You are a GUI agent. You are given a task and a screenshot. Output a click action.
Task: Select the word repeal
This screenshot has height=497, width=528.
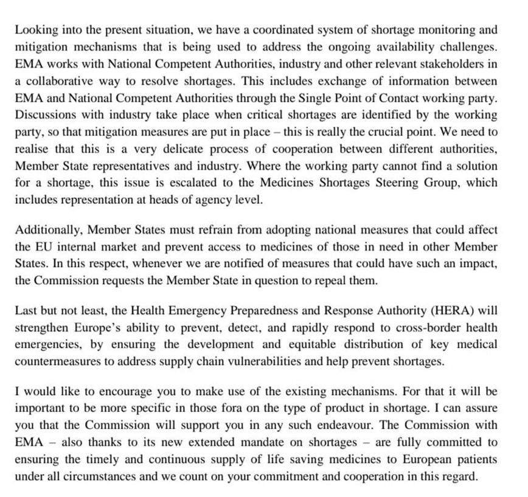(x=271, y=282)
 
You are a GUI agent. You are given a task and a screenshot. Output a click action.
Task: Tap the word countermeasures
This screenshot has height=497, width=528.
(x=63, y=362)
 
